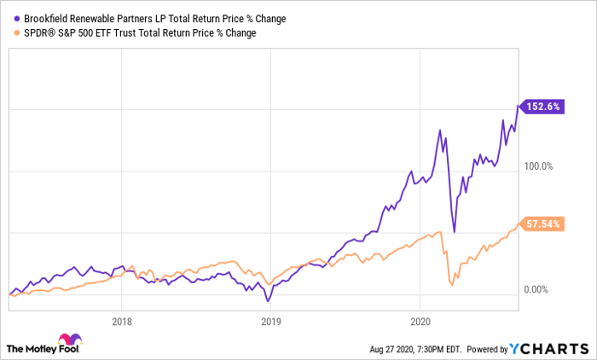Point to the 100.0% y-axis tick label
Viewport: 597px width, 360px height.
(540, 167)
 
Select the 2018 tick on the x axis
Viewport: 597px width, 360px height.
(122, 322)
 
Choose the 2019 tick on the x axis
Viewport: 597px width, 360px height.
(270, 322)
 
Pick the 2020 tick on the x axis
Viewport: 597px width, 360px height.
(419, 322)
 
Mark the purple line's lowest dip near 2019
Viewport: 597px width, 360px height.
(267, 301)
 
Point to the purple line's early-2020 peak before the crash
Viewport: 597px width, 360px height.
(440, 131)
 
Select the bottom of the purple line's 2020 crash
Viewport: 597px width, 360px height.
(454, 231)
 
